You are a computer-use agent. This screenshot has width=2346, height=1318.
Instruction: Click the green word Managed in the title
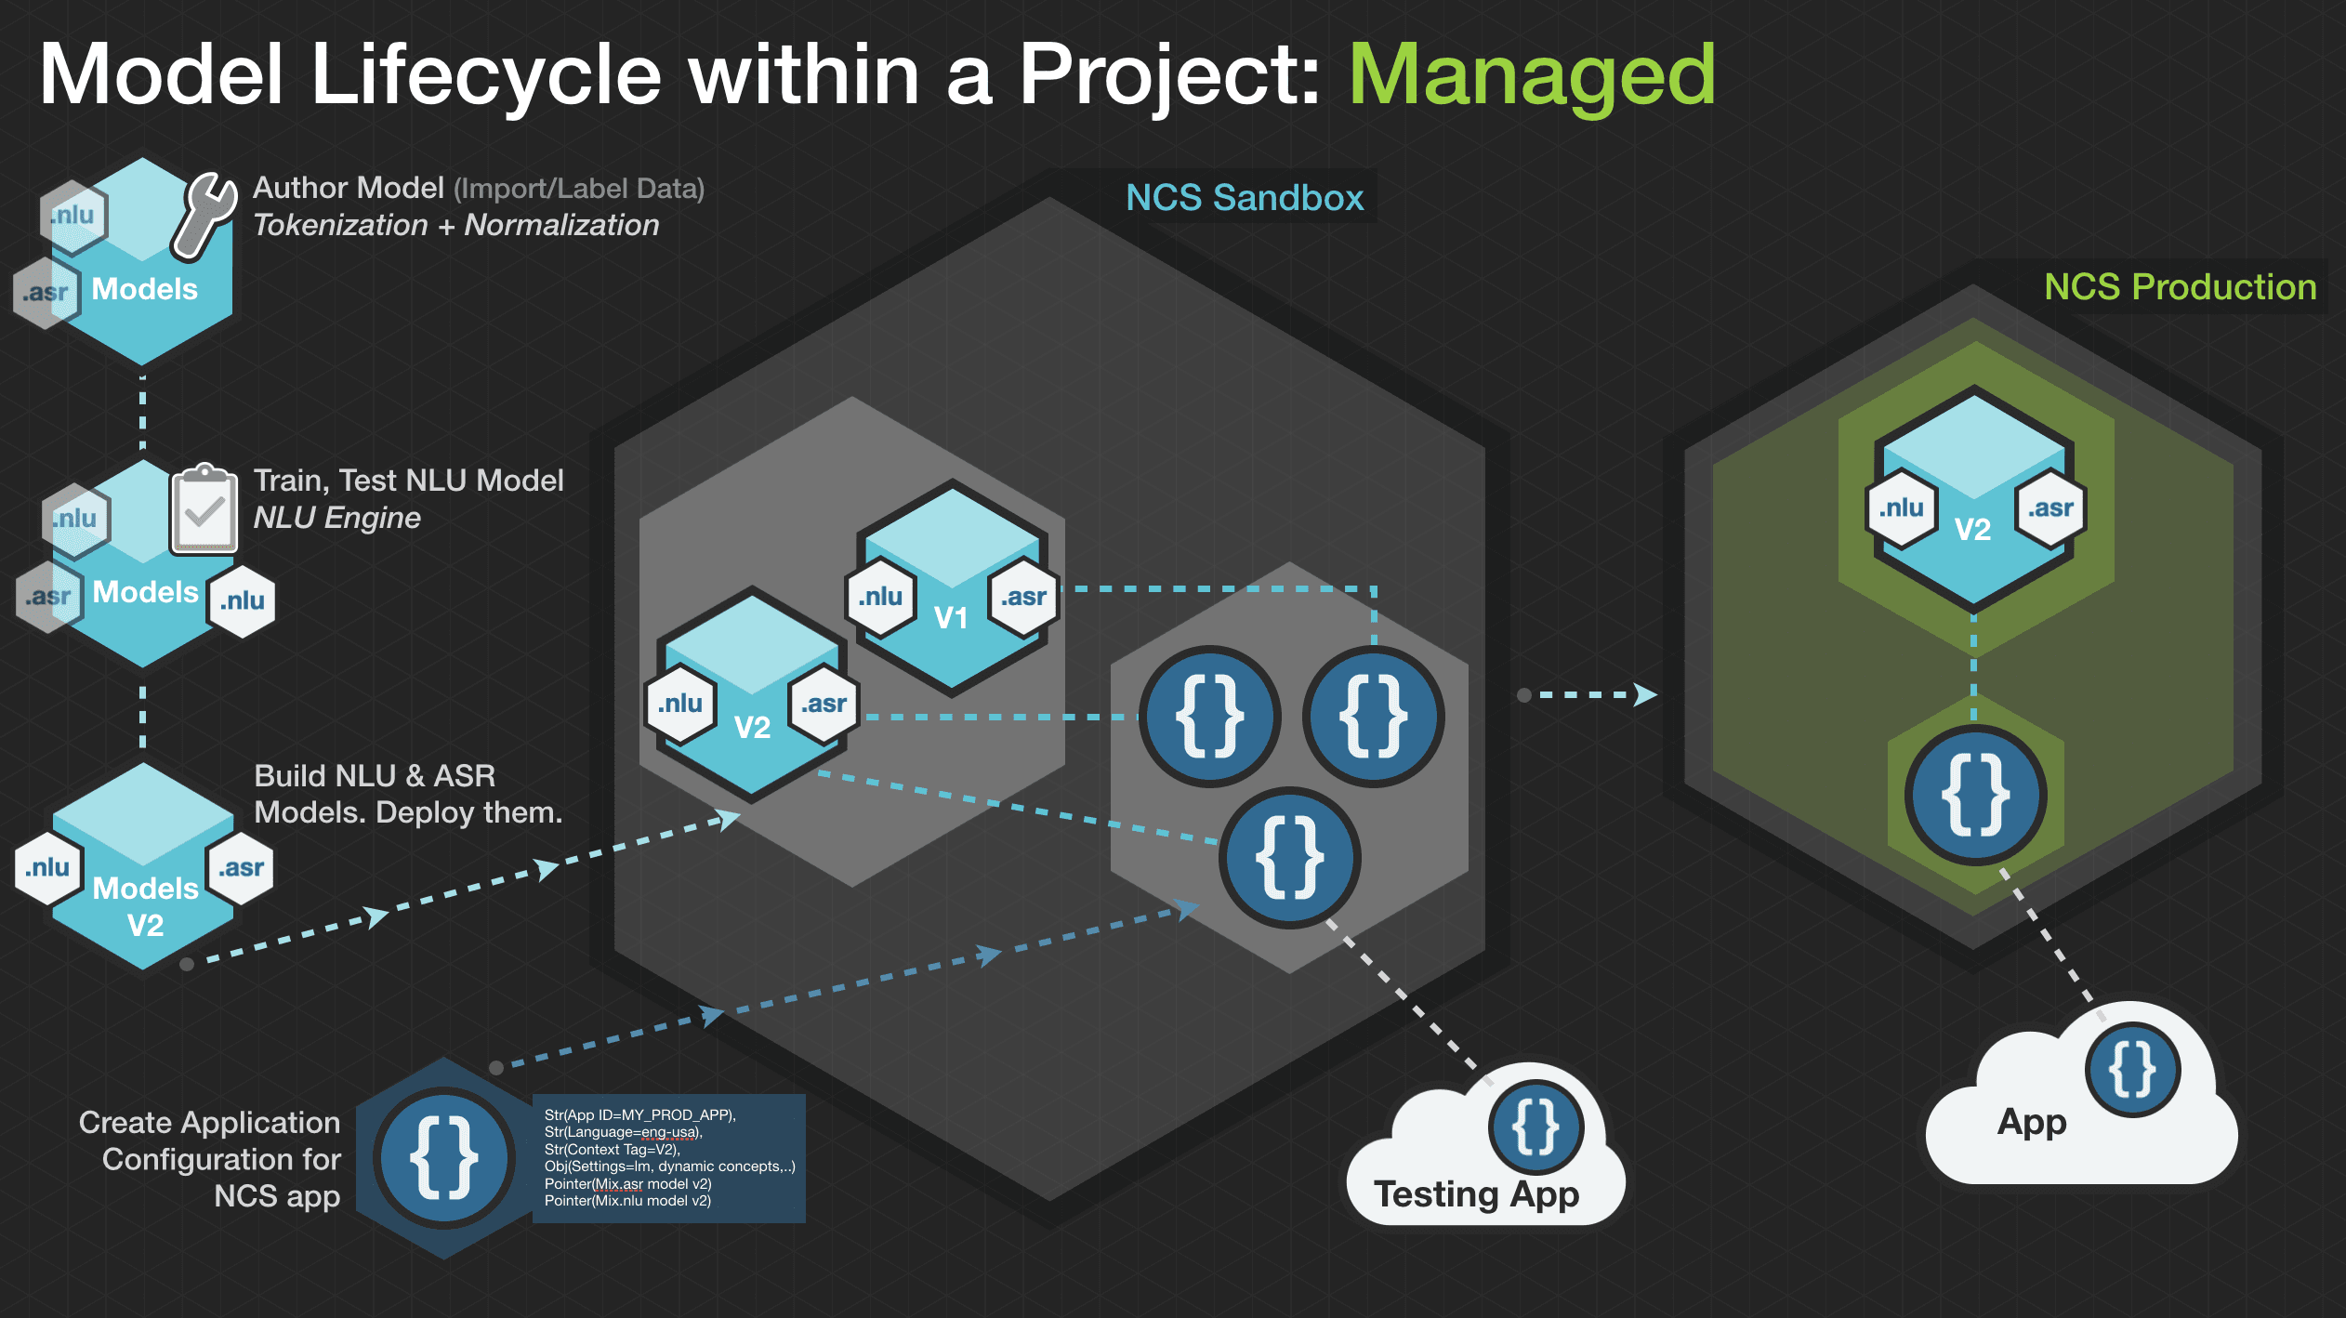click(1532, 76)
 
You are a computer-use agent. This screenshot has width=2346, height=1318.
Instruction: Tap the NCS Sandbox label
click(1245, 198)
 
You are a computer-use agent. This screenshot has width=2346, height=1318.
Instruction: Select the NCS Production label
click(2180, 287)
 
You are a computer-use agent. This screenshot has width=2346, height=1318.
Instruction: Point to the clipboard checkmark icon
click(204, 509)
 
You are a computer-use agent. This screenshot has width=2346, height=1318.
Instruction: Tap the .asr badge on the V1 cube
click(1023, 598)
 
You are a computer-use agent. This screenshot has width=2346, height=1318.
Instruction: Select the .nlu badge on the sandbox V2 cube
click(680, 705)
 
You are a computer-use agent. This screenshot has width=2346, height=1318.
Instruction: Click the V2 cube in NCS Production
click(1974, 502)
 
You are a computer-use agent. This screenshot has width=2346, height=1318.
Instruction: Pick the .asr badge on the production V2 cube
click(2050, 508)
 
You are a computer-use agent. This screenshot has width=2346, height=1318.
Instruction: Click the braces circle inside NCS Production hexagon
click(1975, 796)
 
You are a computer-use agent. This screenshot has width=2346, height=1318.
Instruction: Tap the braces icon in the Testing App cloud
click(1535, 1127)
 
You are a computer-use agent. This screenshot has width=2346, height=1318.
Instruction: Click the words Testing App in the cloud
click(1476, 1194)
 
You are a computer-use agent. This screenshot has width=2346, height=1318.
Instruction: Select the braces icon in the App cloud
click(2132, 1070)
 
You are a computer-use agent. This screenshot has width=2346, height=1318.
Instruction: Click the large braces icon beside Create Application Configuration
click(444, 1158)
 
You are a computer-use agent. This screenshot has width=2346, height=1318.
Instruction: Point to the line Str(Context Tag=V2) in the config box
click(612, 1150)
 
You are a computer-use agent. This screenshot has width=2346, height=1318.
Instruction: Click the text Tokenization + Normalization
click(456, 226)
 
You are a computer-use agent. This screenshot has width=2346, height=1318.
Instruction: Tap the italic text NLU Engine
click(337, 518)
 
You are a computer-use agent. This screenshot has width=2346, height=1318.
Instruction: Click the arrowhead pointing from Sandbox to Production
click(1645, 694)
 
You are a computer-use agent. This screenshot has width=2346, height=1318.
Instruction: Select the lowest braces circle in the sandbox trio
click(1290, 857)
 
